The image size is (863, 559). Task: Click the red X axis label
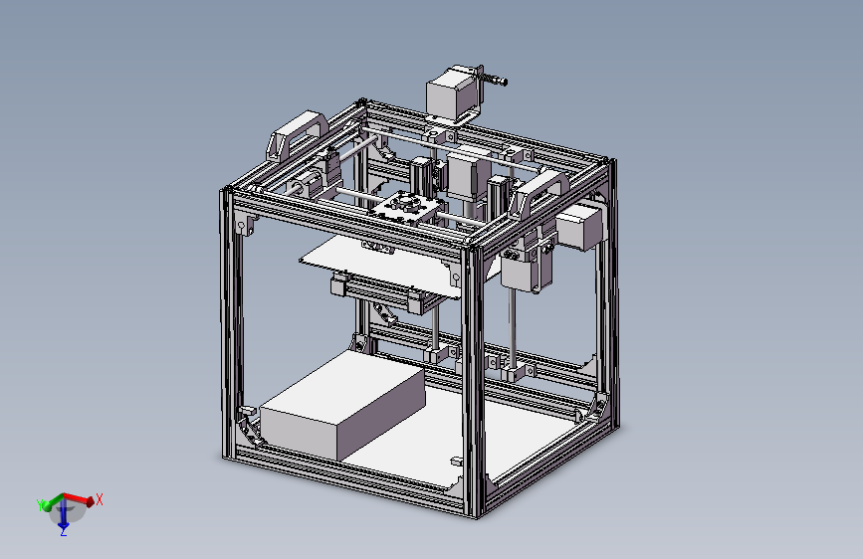point(100,499)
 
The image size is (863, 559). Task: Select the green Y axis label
point(41,505)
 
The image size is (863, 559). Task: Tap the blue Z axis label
point(62,532)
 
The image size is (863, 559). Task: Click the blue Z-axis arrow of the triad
point(63,517)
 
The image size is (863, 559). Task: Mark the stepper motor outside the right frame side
point(580,227)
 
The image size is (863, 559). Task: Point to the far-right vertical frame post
point(606,298)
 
